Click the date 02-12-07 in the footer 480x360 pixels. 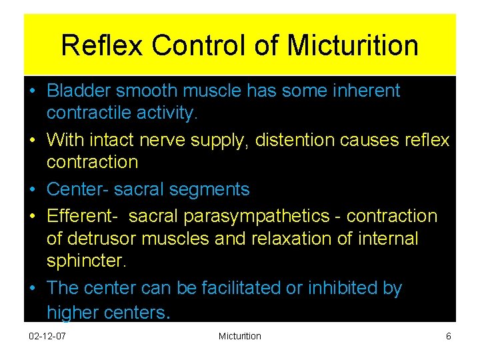(x=47, y=337)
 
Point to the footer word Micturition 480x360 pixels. (x=240, y=337)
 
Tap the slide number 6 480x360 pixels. (x=449, y=337)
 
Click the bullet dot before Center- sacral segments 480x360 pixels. (x=33, y=189)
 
